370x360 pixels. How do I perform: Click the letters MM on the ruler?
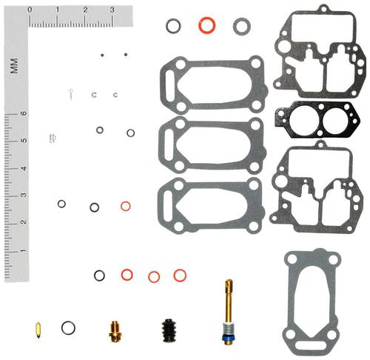pyautogui.click(x=15, y=66)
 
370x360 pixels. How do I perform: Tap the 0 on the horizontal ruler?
pyautogui.click(x=30, y=10)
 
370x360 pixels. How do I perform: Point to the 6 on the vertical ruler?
pyautogui.click(x=24, y=113)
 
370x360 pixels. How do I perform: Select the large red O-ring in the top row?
pyautogui.click(x=207, y=25)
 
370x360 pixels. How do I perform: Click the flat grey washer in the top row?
pyautogui.click(x=242, y=26)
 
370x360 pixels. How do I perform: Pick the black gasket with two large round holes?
pyautogui.click(x=317, y=120)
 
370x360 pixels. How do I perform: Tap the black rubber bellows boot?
pyautogui.click(x=169, y=330)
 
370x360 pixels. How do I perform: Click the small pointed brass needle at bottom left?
pyautogui.click(x=38, y=330)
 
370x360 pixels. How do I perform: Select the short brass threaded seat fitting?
pyautogui.click(x=115, y=332)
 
